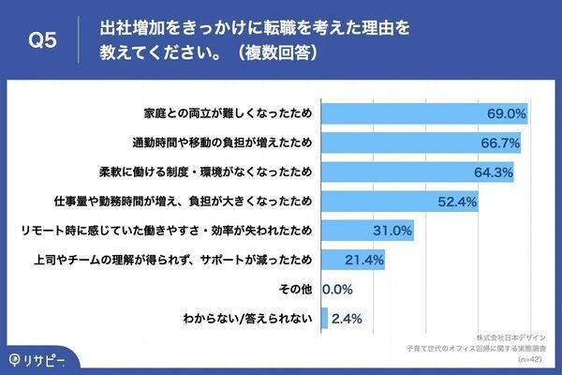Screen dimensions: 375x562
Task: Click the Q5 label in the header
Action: pyautogui.click(x=44, y=40)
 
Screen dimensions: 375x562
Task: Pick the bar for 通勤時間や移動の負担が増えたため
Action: pyautogui.click(x=421, y=143)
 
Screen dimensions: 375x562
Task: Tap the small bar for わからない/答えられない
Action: pyautogui.click(x=324, y=318)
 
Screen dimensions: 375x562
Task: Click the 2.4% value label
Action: pyautogui.click(x=347, y=318)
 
